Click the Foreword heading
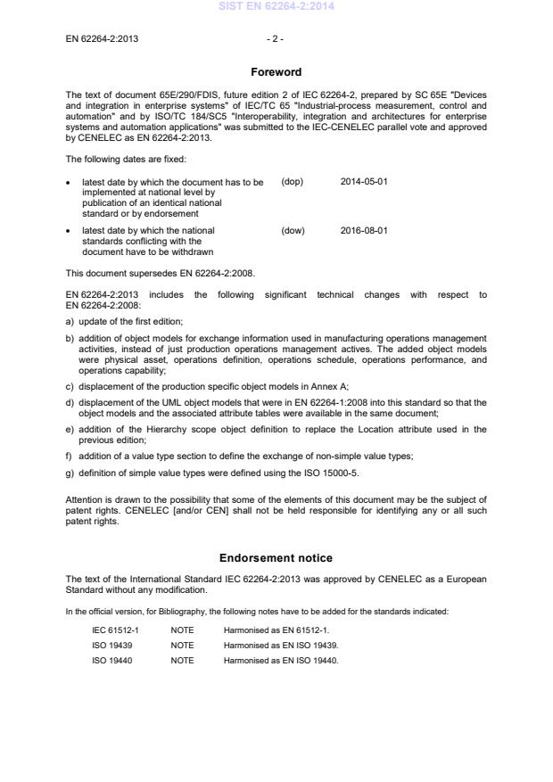tap(276, 72)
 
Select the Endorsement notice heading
tap(276, 558)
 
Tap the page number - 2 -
tap(276, 40)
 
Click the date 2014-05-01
tap(364, 181)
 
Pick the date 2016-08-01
tap(364, 231)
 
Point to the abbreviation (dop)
tap(293, 181)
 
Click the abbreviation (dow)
tap(293, 231)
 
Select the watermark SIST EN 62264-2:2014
tap(276, 7)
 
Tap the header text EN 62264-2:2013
tap(102, 40)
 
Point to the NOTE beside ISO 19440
tap(182, 660)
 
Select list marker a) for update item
tap(70, 321)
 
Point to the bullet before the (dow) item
tap(70, 231)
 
